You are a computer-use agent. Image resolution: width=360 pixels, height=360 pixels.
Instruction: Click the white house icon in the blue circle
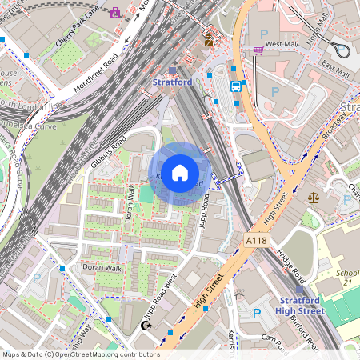180,173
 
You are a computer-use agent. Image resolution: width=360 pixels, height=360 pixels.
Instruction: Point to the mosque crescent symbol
146,326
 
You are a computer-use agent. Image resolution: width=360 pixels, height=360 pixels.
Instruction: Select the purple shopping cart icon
258,50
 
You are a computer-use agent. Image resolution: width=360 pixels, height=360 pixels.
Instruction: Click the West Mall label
281,43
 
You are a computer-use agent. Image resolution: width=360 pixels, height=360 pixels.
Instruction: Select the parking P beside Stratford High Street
257,313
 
